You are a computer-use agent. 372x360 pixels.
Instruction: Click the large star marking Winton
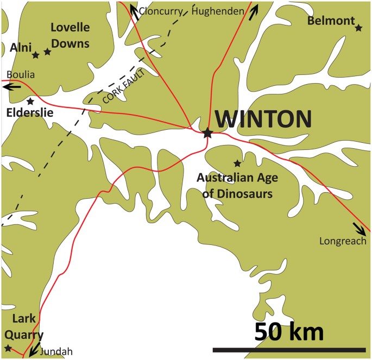click(207, 132)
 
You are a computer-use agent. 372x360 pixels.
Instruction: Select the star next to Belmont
click(358, 27)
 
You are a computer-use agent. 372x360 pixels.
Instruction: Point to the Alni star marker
click(36, 55)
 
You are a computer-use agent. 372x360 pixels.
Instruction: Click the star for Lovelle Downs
click(48, 52)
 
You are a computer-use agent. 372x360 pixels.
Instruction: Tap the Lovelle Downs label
click(70, 35)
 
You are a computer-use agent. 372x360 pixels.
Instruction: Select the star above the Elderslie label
click(30, 101)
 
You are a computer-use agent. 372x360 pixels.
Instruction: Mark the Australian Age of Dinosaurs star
click(237, 163)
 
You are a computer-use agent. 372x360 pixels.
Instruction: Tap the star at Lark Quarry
click(8, 348)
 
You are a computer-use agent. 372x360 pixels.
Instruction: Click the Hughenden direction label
click(218, 11)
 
